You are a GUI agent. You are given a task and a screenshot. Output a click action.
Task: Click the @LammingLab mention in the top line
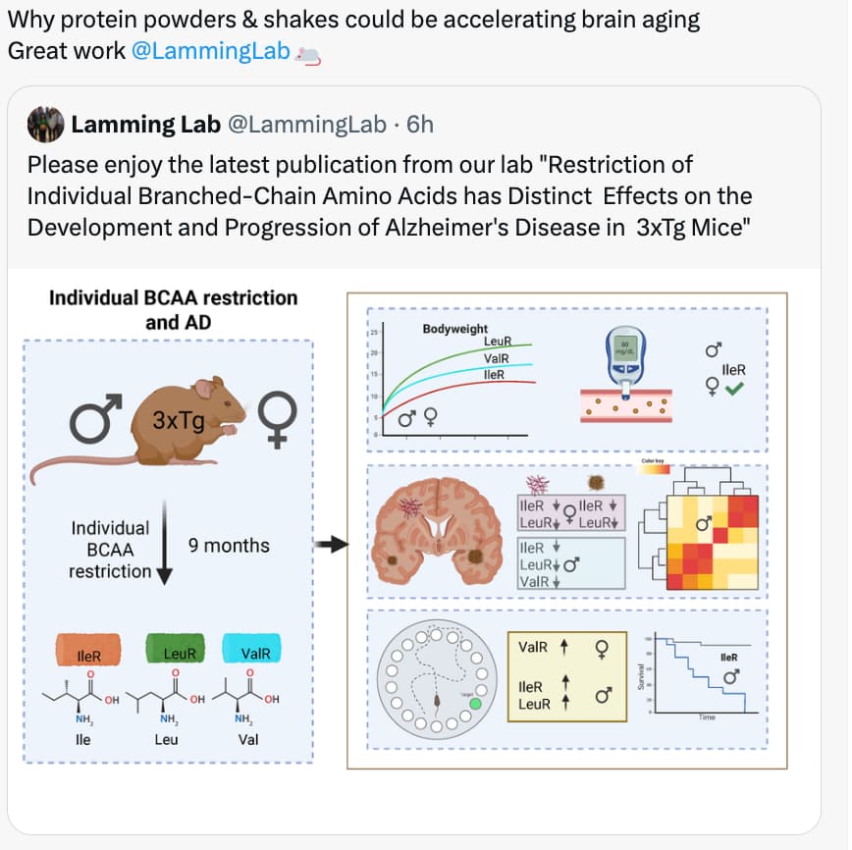click(x=209, y=51)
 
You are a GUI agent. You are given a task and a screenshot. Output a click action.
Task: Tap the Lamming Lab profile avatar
click(x=45, y=125)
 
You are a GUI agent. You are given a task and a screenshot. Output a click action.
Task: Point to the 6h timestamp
click(x=419, y=125)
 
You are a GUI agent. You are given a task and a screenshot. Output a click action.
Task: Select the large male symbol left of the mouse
click(x=95, y=419)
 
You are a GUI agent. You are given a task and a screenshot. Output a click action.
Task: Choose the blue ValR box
click(x=254, y=653)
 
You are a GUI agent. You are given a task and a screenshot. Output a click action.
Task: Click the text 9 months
click(x=229, y=545)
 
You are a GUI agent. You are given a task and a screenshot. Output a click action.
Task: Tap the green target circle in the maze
click(x=475, y=704)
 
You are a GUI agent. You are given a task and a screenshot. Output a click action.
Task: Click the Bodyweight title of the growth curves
click(x=454, y=329)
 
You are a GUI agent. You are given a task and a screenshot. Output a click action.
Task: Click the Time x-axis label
click(x=707, y=717)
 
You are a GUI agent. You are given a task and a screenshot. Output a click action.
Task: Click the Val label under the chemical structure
click(x=248, y=739)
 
